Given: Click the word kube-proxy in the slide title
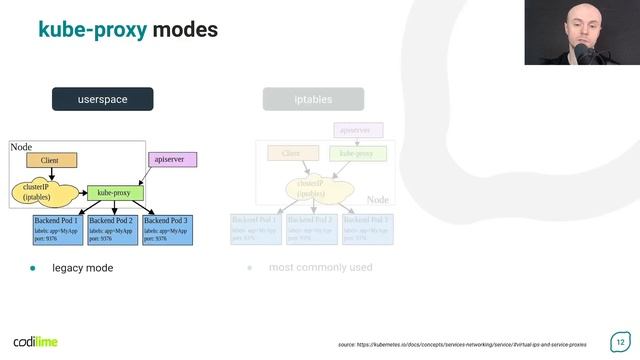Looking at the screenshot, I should click(x=92, y=30).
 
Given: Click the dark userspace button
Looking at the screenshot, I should click(x=103, y=99).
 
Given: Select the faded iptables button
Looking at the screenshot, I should click(x=313, y=99).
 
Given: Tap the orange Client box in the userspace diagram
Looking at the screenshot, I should click(x=51, y=160).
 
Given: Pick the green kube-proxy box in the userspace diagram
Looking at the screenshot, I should click(x=115, y=192).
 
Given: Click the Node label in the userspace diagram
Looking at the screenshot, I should click(x=21, y=147).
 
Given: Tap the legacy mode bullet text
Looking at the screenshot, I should click(x=82, y=268).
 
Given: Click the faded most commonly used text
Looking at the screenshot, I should click(x=320, y=268).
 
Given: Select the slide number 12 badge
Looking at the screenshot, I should click(x=619, y=341).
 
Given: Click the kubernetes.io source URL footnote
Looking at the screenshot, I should click(x=462, y=344).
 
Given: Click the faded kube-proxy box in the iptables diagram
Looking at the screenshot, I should click(x=357, y=153).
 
